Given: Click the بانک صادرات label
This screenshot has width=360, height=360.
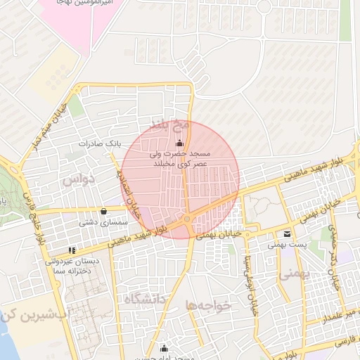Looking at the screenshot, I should coord(100,143).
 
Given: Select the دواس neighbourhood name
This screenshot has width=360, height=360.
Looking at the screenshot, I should coord(78,179).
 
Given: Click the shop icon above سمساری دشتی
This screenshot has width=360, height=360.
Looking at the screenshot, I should coord(104,210).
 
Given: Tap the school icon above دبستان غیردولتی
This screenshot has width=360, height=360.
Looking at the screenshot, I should coord(71,250).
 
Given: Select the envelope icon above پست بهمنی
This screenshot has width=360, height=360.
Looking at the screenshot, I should coord(287,234).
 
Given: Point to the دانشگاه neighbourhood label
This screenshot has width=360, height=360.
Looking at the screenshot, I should coord(145,299).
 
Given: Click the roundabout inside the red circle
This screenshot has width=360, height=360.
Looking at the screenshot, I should coord(188,221).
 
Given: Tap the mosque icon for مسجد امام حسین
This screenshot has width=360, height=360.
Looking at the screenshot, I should coord(164,348).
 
